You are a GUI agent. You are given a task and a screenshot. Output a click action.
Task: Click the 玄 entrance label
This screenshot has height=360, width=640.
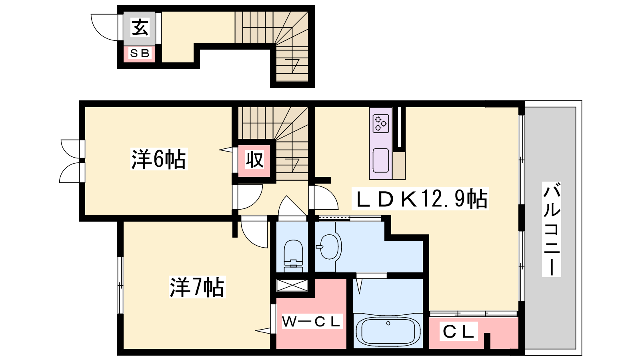coord(140,27)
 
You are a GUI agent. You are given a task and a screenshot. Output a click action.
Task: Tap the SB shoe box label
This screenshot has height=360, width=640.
coord(140,53)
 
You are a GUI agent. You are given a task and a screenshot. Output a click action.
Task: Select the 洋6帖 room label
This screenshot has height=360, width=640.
coord(158,159)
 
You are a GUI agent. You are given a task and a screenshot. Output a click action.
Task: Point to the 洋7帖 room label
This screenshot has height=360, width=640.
coord(197,287)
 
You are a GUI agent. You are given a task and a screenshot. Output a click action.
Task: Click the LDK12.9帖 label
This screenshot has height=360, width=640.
coord(420,199)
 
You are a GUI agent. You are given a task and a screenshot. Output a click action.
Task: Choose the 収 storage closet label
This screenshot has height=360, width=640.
coord(254,160)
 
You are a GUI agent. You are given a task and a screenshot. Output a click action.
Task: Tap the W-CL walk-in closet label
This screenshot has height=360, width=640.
coord(312,322)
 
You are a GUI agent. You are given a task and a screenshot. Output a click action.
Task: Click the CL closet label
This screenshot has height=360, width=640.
coord(458,332)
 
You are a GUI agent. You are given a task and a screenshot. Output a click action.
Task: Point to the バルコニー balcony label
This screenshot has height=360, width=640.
coord(552,230)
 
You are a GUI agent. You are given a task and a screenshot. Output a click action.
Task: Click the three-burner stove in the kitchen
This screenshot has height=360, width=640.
coord(380,124)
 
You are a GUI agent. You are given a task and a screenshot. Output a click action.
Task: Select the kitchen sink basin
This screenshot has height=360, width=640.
coord(381,160)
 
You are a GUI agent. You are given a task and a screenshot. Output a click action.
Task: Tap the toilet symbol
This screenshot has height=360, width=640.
coord(293,256)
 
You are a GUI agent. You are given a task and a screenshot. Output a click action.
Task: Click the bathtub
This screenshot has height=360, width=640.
coord(388,332)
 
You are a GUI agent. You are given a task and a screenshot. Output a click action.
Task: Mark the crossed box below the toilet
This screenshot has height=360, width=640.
coord(292,285)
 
